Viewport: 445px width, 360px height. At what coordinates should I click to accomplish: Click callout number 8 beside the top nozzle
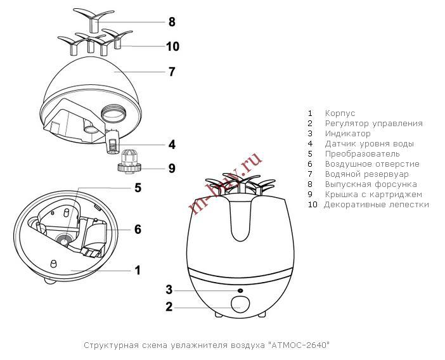point(172,22)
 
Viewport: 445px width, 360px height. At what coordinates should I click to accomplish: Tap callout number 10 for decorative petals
point(172,46)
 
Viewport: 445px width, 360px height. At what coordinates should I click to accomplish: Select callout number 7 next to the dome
point(172,72)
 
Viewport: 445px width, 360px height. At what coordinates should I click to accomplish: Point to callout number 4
point(172,145)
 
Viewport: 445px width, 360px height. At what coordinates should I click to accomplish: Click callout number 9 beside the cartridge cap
point(172,169)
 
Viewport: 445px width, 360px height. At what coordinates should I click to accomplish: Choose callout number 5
point(138,188)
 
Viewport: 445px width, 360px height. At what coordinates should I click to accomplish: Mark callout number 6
point(138,229)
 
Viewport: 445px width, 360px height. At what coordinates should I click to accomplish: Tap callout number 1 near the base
point(138,270)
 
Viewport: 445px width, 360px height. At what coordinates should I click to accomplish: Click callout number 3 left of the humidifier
point(169,290)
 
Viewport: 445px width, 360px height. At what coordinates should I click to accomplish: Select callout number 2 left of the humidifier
point(169,308)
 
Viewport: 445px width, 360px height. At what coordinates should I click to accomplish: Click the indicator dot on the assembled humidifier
point(240,290)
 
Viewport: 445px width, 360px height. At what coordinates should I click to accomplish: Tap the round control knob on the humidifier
point(240,305)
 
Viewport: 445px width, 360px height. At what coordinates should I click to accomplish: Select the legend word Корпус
point(340,113)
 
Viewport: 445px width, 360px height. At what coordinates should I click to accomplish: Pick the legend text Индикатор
point(347,134)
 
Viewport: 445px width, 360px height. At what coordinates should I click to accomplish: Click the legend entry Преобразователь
point(362,154)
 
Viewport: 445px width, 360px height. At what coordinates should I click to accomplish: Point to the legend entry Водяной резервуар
point(366,174)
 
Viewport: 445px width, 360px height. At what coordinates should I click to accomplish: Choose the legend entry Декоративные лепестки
point(376,205)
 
